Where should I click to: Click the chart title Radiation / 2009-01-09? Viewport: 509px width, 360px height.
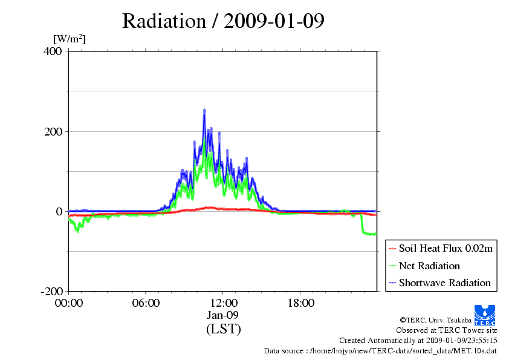[223, 21]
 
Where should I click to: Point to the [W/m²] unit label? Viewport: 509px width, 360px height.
[70, 39]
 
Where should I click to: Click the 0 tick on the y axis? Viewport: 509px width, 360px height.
[59, 211]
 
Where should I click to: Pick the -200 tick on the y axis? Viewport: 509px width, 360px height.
[52, 291]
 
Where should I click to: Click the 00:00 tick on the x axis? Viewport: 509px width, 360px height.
[68, 303]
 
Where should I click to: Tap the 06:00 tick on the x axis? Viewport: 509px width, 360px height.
[146, 303]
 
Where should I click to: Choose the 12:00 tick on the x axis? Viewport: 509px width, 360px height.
[223, 303]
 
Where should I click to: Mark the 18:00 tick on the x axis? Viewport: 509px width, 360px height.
[300, 303]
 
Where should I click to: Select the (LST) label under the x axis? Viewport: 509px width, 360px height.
[223, 329]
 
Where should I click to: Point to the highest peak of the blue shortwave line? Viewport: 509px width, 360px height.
[204, 111]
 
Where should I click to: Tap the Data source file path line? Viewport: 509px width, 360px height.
[380, 351]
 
